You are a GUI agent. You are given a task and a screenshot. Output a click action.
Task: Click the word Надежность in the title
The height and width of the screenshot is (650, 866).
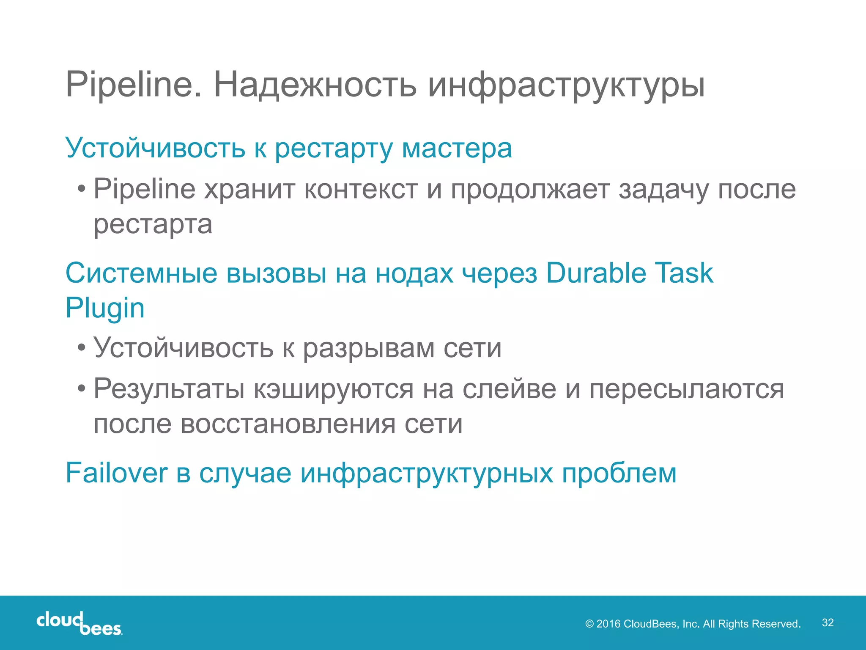pos(315,85)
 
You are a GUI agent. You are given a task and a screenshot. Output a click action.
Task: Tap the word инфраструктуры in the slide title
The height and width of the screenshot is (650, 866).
pos(567,86)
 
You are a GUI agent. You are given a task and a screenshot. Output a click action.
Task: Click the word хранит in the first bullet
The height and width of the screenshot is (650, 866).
pos(250,189)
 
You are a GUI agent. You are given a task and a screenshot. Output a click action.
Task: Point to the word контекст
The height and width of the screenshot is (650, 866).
pos(361,189)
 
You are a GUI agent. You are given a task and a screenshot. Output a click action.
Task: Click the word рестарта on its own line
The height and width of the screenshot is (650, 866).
pos(153,225)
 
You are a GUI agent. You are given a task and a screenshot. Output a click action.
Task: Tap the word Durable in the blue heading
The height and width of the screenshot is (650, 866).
pos(596,273)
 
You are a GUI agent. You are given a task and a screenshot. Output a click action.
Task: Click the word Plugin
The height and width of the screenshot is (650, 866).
pos(105,308)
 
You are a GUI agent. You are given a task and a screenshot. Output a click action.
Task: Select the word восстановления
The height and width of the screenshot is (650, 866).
pos(288,424)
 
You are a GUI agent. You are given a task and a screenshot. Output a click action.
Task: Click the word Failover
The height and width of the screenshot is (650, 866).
pos(117,473)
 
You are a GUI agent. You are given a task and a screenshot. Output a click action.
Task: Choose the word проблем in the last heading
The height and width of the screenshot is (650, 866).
pos(619,474)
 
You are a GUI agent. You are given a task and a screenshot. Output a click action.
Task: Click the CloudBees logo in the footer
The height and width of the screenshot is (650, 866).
pos(79,623)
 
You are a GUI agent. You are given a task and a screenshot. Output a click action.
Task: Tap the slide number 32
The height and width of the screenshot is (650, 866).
pos(828,622)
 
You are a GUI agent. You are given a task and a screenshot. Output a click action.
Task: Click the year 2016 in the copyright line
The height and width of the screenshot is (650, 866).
pos(608,624)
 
